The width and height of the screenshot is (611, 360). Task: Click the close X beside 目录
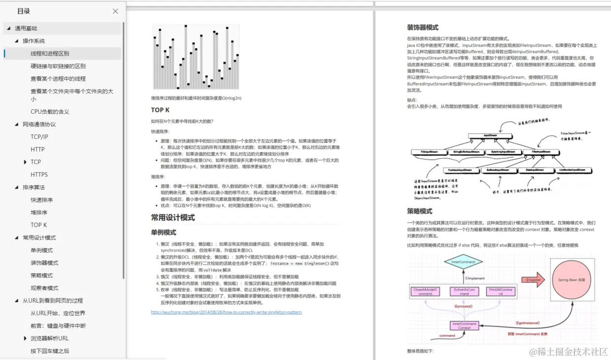click(115, 11)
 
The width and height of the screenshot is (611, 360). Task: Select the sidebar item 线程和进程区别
click(50, 54)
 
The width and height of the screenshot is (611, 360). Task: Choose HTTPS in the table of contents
click(39, 175)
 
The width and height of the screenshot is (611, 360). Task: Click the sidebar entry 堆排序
click(39, 213)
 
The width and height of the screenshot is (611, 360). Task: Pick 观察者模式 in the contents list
click(44, 288)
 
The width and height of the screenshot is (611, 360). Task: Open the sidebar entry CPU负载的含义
click(50, 112)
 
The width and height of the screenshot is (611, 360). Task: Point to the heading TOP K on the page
click(160, 110)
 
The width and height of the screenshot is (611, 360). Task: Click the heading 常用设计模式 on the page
click(173, 218)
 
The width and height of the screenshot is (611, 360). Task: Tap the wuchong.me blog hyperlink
click(226, 312)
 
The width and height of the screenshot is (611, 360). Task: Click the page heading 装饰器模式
click(422, 28)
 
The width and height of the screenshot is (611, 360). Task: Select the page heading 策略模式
click(419, 211)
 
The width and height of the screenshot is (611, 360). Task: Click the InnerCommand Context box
click(464, 326)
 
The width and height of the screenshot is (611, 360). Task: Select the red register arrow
click(533, 280)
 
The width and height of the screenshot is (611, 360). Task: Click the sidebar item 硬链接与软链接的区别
click(58, 66)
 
